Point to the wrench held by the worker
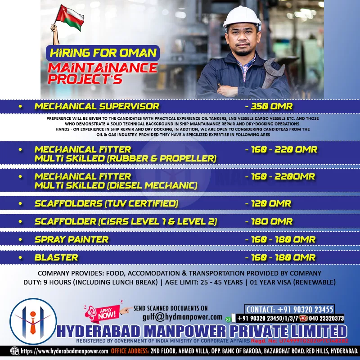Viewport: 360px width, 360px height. pyautogui.click(x=273, y=72)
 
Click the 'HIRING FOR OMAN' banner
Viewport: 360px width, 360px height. pyautogui.click(x=103, y=53)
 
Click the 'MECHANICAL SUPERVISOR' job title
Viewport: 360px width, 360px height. pyautogui.click(x=97, y=107)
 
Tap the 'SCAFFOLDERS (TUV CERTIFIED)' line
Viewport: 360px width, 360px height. pyautogui.click(x=107, y=203)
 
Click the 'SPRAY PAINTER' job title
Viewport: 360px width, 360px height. pyautogui.click(x=72, y=239)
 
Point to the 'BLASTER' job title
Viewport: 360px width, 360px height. pyautogui.click(x=56, y=258)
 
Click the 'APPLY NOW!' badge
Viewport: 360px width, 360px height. pyautogui.click(x=106, y=312)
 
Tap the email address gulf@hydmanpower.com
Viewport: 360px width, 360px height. pyautogui.click(x=182, y=317)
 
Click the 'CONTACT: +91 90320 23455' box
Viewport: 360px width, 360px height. pyautogui.click(x=290, y=309)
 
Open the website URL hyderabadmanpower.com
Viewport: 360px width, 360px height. pyautogui.click(x=64, y=351)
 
